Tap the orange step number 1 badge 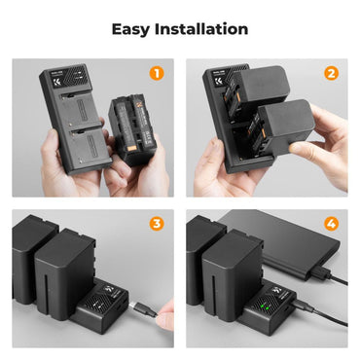pos(155,72)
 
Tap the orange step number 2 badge pos(331,72)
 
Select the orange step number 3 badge pos(155,223)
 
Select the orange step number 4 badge pos(331,223)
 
